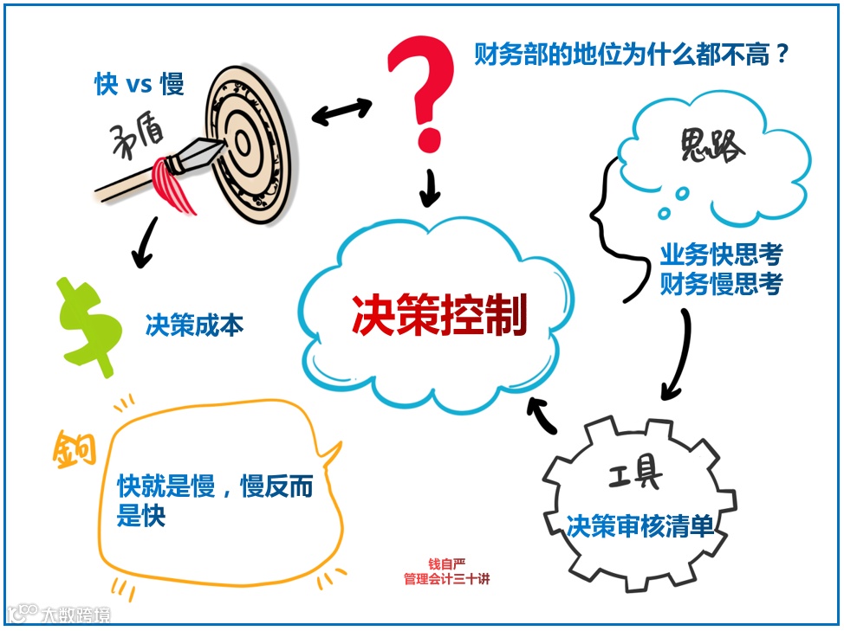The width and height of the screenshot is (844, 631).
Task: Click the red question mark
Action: pos(423,87)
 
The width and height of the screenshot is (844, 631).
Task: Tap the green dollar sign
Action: pos(88,325)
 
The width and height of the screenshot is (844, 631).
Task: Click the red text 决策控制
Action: pos(439,316)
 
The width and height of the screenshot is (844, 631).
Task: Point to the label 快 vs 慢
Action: pos(140,84)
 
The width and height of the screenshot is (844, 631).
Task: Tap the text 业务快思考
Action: pos(721,254)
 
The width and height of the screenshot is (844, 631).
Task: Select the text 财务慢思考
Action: pos(721,283)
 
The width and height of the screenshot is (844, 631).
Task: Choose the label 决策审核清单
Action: pos(640,525)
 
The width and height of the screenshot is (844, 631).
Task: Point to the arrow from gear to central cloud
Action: pos(547,415)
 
